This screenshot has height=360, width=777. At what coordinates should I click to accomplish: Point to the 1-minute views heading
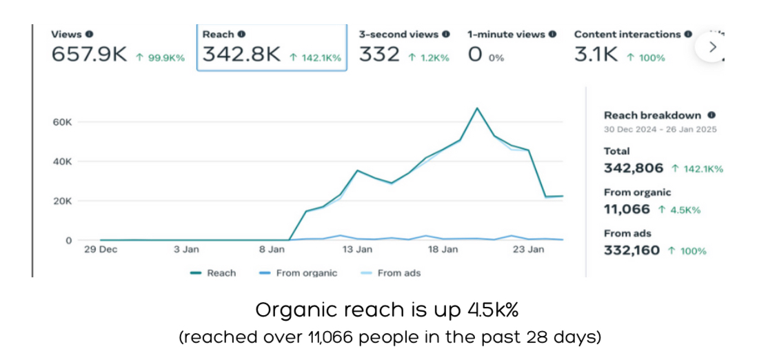[507, 34]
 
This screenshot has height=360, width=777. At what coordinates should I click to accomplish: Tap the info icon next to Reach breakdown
[711, 115]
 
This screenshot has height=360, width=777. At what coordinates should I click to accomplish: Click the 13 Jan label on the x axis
[357, 250]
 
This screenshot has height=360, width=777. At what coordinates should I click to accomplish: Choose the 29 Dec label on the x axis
[101, 250]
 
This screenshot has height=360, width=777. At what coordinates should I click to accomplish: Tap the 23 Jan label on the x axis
[528, 250]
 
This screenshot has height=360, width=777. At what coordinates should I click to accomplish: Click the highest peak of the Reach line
[476, 108]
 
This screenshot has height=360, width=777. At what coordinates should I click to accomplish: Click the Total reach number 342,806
[634, 168]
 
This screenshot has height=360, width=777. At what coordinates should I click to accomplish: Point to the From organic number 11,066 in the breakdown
[627, 209]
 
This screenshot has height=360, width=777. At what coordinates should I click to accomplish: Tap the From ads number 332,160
[632, 250]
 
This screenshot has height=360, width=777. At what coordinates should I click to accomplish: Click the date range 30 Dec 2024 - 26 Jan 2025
[660, 129]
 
